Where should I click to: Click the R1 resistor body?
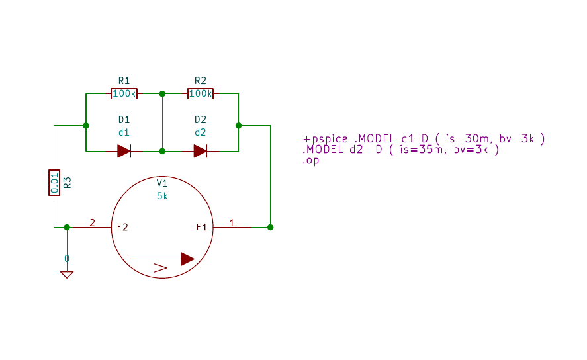(124, 93)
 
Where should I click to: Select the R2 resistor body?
(201, 93)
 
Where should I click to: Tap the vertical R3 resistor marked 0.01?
(54, 183)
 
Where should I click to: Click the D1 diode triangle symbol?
(124, 151)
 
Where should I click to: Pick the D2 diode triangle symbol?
(201, 151)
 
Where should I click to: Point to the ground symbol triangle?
(67, 275)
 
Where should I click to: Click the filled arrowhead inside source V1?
(187, 259)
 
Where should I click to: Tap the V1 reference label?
(161, 183)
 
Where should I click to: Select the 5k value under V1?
(161, 196)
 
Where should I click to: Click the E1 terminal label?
(202, 227)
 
